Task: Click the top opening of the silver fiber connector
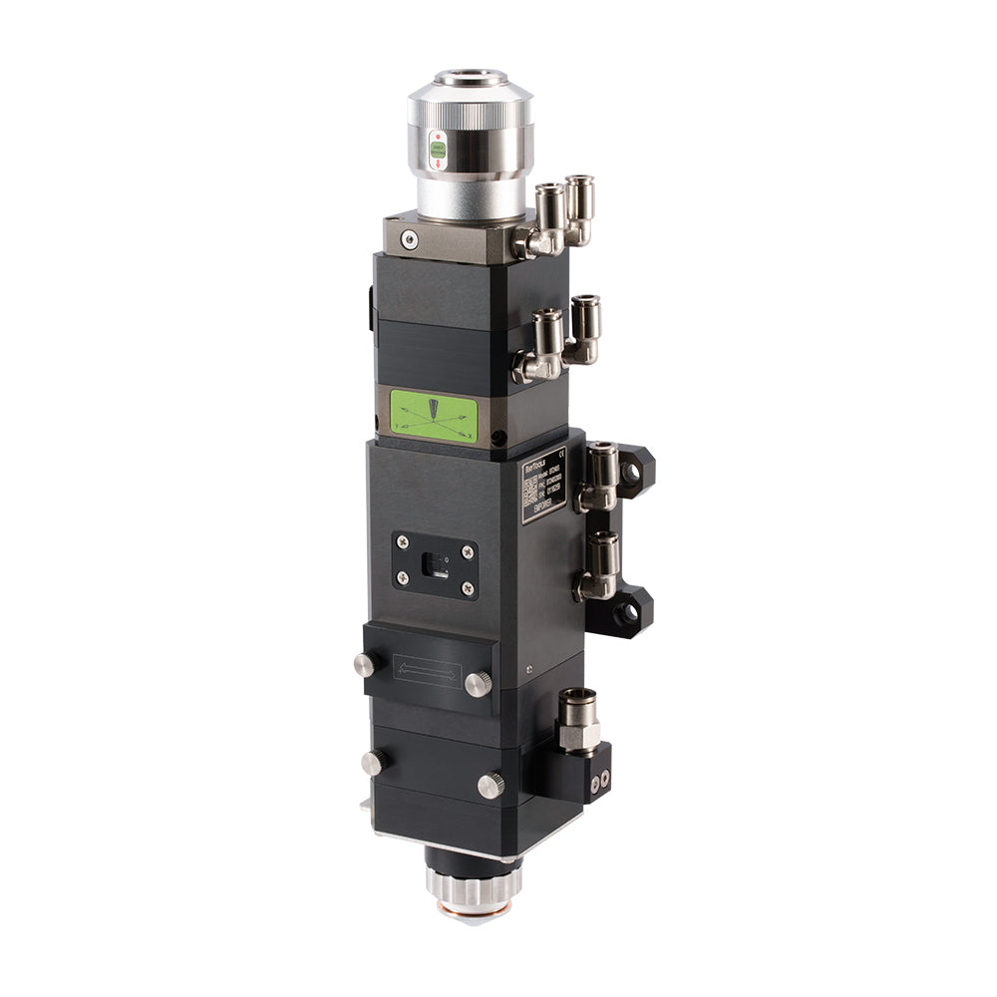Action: tap(470, 76)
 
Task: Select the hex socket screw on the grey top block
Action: tap(406, 239)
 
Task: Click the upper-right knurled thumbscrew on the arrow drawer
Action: tap(479, 684)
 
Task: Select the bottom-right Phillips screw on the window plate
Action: tap(466, 590)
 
